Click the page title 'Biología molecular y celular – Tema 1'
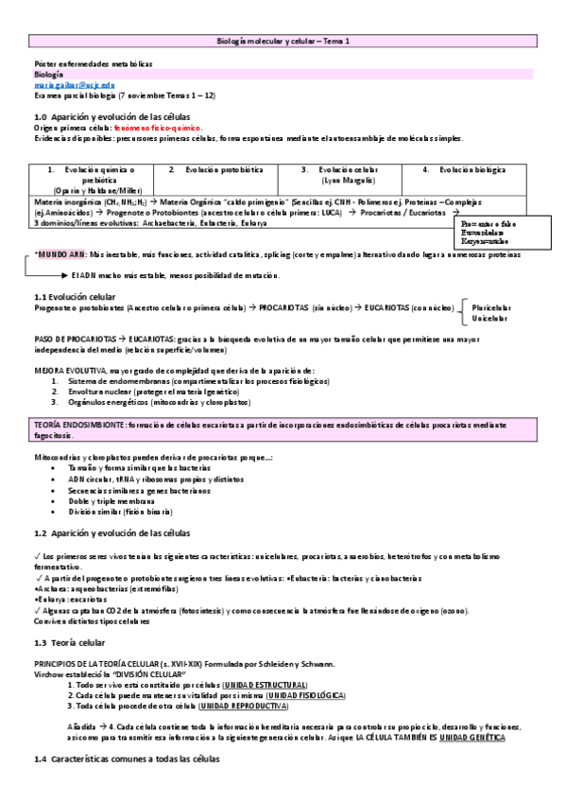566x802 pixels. [283, 42]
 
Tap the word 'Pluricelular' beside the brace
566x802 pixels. [493, 307]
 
